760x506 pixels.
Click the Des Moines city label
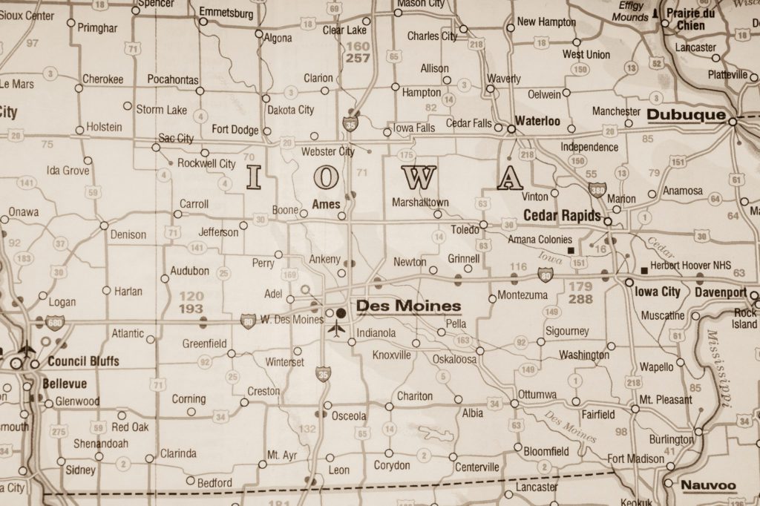408,306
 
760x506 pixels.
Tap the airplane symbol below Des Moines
338,328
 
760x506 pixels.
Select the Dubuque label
686,115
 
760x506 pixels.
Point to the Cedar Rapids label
562,215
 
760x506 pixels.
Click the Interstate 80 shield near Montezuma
546,276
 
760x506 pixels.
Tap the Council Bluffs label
83,361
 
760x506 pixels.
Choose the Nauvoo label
708,485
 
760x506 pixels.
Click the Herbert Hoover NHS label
690,265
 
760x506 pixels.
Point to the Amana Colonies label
540,240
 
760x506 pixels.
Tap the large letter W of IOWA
416,177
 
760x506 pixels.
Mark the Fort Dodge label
235,129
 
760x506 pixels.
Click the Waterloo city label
537,120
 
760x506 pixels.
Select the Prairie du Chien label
696,19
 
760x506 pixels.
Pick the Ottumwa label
538,393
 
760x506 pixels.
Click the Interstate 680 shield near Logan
55,322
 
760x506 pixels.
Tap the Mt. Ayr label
282,455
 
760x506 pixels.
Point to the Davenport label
720,292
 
